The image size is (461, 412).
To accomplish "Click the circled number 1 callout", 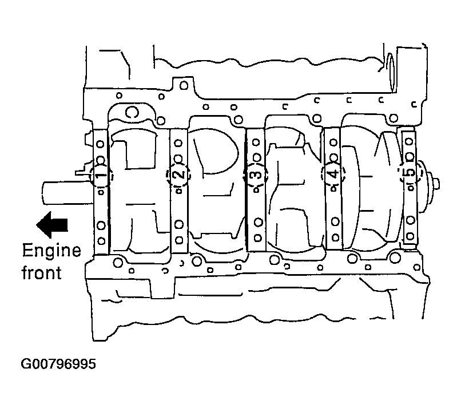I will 101,175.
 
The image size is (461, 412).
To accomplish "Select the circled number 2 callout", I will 178,175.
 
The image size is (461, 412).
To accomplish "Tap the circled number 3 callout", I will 256,175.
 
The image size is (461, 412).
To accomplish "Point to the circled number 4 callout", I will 333,174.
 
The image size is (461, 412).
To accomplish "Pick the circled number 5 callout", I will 410,173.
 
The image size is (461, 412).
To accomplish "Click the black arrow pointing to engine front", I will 52,224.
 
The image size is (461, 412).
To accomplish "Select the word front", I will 41,272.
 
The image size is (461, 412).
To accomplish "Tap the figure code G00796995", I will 58,364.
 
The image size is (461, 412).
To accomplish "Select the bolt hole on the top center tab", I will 184,86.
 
